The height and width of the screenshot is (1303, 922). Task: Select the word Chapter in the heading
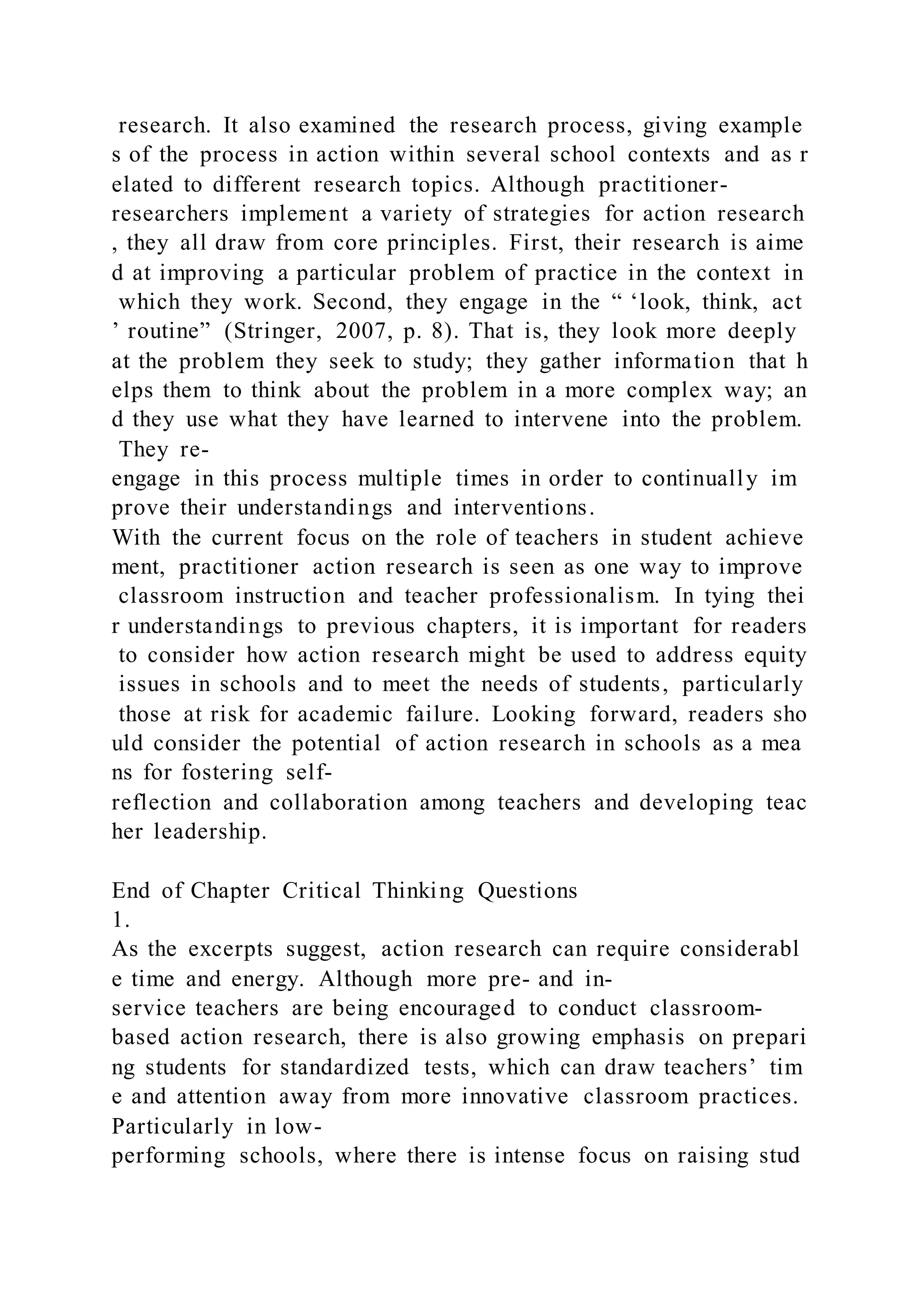tap(230, 890)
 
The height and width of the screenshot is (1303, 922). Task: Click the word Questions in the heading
tap(528, 890)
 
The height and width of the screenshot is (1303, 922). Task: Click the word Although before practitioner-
tap(538, 184)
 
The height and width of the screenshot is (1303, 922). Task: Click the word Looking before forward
tap(533, 714)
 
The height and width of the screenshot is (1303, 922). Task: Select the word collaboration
tap(339, 803)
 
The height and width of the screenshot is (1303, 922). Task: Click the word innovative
tap(515, 1096)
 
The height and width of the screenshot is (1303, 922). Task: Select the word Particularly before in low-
tap(172, 1126)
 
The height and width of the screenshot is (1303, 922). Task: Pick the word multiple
tap(400, 478)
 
